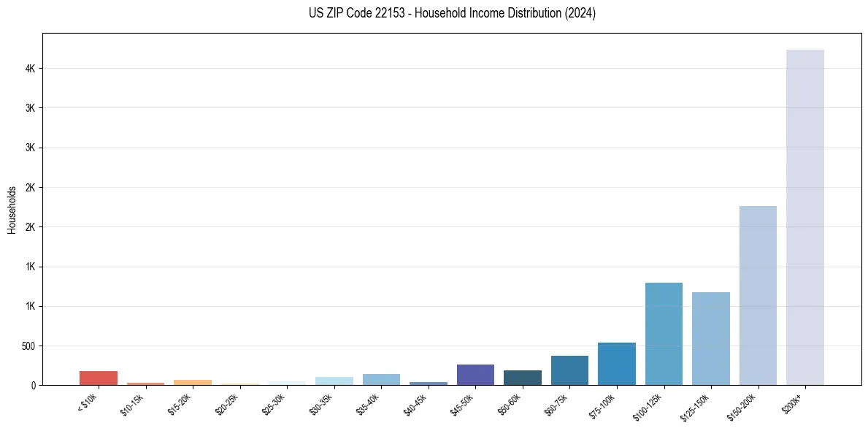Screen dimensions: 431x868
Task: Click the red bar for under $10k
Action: click(x=99, y=378)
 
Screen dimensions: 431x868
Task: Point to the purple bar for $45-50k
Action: click(x=475, y=375)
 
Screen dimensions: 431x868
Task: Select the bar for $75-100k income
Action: click(x=616, y=364)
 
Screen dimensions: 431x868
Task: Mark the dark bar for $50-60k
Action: click(x=523, y=378)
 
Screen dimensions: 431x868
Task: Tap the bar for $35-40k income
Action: click(x=381, y=379)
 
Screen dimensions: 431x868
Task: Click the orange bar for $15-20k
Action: click(x=193, y=382)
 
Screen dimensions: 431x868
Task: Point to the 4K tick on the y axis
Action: click(x=29, y=69)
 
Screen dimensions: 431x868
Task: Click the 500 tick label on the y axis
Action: click(x=27, y=346)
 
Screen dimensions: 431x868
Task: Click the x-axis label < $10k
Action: click(x=87, y=402)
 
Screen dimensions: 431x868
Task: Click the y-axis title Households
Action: click(x=12, y=210)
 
